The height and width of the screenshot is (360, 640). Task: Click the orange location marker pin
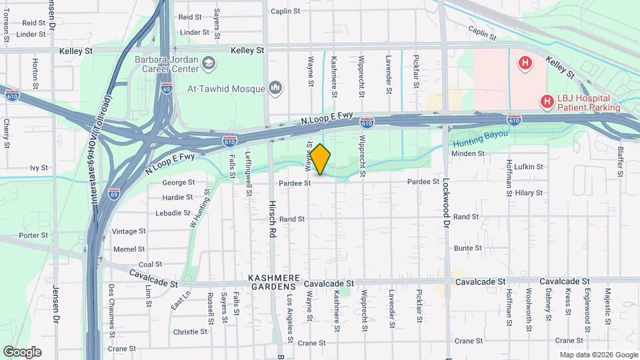pyautogui.click(x=320, y=159)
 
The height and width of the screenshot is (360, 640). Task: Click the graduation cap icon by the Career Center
pyautogui.click(x=210, y=63)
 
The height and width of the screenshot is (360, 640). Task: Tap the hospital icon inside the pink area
pyautogui.click(x=525, y=63)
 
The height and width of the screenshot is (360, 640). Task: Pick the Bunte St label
pyautogui.click(x=467, y=248)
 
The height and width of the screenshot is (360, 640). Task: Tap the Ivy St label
pyautogui.click(x=39, y=168)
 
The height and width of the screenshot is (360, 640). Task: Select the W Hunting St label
pyautogui.click(x=199, y=208)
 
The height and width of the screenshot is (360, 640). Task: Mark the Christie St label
pyautogui.click(x=190, y=331)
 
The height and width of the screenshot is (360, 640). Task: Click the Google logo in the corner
pyautogui.click(x=22, y=351)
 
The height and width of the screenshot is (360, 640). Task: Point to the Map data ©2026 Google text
pyautogui.click(x=597, y=355)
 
